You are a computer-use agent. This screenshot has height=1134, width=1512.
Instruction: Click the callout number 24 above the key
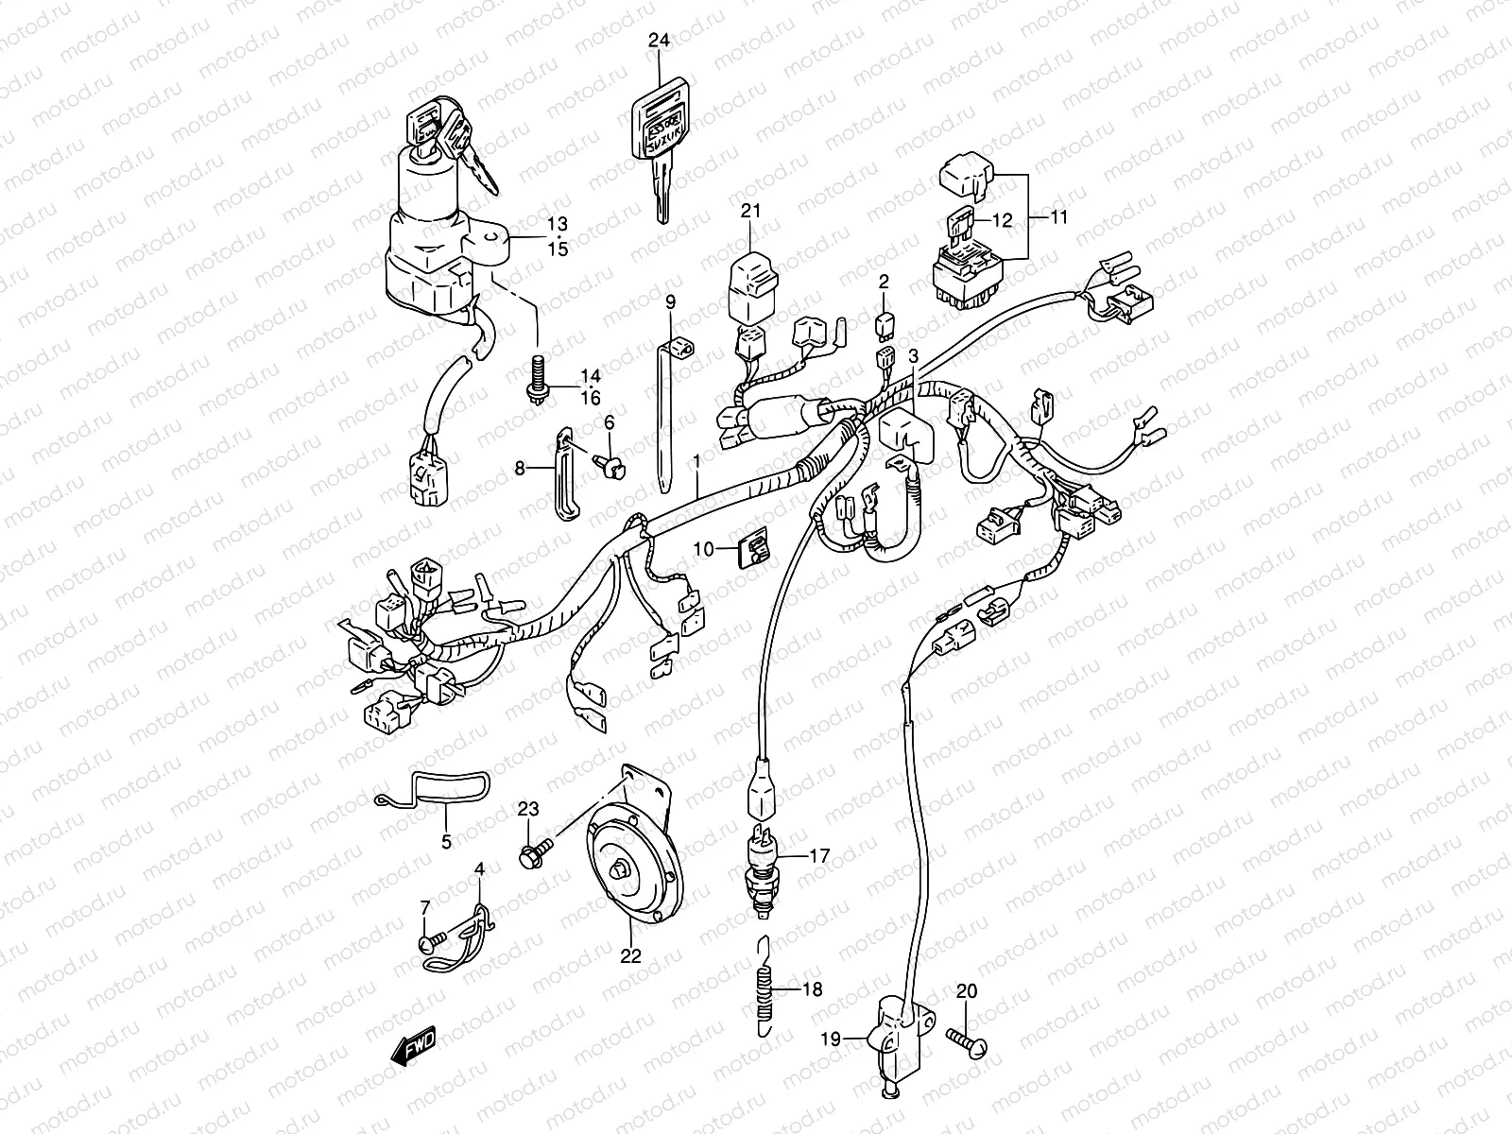(659, 40)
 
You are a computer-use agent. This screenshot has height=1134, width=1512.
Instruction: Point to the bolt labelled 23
(530, 856)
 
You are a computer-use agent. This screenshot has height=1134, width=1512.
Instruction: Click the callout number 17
(818, 856)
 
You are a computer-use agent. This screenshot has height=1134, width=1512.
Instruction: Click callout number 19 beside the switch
(830, 1039)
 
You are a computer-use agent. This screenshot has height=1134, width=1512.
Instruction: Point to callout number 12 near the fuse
(1002, 219)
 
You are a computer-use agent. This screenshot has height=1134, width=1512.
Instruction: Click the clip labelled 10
(753, 548)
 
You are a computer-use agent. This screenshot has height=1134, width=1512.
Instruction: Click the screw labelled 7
(427, 940)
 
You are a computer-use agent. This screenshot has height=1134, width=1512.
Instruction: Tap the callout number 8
(519, 467)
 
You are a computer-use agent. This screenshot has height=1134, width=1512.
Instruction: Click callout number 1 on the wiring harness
(696, 462)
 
